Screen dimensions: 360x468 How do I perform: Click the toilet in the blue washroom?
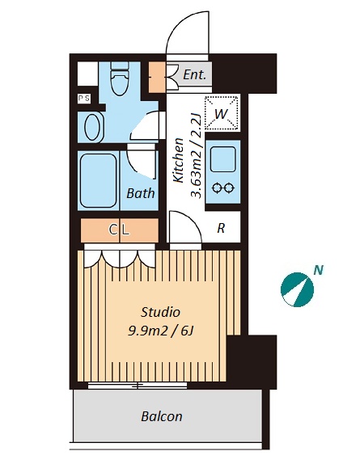click(x=120, y=78)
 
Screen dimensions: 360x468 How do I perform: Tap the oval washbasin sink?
click(x=92, y=127)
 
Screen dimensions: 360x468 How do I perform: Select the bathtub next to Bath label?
click(x=98, y=180)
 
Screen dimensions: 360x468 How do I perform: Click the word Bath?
click(x=141, y=193)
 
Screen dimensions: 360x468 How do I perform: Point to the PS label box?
click(x=83, y=98)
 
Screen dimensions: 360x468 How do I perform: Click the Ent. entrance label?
click(x=194, y=74)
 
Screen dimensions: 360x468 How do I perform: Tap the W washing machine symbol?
click(x=222, y=113)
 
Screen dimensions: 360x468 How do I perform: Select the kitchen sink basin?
click(x=222, y=159)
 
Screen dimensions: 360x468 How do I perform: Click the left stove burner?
click(x=216, y=188)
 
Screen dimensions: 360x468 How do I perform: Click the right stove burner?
click(x=230, y=188)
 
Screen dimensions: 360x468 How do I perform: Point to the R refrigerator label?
click(x=221, y=228)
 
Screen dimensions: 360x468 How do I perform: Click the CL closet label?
click(x=119, y=230)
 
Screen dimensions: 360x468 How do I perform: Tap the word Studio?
click(x=160, y=312)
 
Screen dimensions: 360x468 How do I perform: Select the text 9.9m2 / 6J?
click(x=161, y=331)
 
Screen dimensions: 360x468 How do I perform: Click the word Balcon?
click(x=162, y=416)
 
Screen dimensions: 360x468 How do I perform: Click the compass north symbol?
click(x=297, y=289)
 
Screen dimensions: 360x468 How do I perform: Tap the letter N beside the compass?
click(x=319, y=271)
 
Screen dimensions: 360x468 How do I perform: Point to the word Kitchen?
click(x=178, y=160)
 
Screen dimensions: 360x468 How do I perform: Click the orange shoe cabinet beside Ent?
click(x=157, y=77)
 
